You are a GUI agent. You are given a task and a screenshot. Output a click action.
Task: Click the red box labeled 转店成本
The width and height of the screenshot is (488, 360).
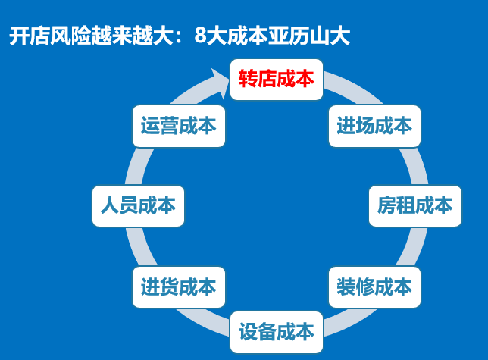tap(277, 80)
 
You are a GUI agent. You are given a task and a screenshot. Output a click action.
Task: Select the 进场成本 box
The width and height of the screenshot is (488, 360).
tap(374, 126)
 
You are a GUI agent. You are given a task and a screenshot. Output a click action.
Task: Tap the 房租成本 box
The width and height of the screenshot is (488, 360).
tap(414, 206)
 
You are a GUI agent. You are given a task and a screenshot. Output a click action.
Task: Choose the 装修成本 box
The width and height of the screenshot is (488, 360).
tap(374, 287)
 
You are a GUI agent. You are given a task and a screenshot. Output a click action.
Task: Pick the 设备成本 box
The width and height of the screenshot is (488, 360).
tap(277, 332)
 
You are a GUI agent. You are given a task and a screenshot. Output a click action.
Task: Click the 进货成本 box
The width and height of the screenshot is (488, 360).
tap(179, 287)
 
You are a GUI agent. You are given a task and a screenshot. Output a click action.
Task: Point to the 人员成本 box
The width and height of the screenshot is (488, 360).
tap(138, 206)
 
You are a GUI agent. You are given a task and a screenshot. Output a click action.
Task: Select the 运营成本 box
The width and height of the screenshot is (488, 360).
tap(179, 126)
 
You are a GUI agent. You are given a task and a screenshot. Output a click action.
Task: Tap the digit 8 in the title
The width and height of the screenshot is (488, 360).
tap(200, 36)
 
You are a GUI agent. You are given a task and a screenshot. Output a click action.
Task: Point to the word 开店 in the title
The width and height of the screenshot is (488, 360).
tap(30, 36)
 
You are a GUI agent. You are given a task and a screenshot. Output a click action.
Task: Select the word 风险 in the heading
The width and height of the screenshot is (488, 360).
tap(70, 36)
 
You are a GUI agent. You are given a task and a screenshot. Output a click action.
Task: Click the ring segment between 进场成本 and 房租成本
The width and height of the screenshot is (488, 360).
tap(414, 167)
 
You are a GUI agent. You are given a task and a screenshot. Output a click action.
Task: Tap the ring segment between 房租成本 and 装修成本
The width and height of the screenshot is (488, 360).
tap(413, 247)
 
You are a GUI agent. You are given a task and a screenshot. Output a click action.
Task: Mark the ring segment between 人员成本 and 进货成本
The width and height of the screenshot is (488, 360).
tap(140, 247)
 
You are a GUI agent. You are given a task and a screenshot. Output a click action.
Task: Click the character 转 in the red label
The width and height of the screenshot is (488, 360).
tap(248, 79)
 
